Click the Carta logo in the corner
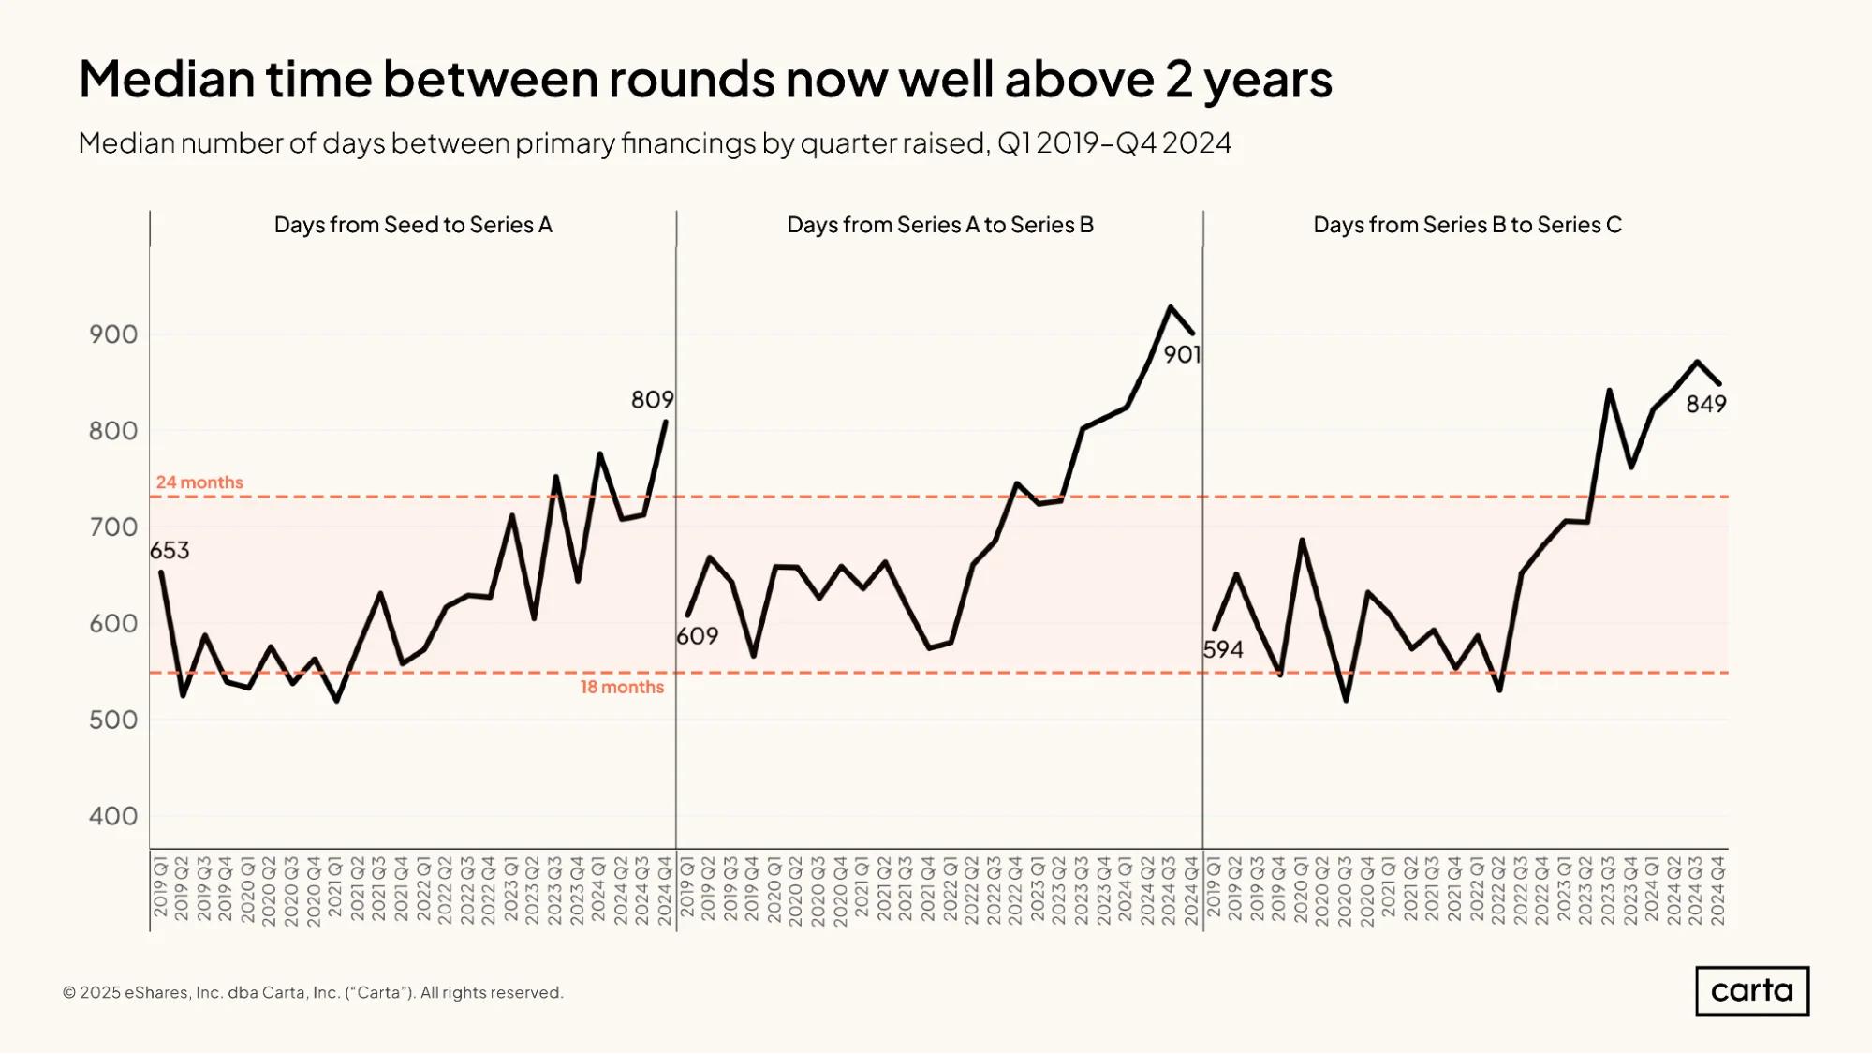tap(1752, 990)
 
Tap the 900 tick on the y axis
tap(113, 334)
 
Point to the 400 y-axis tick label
tap(113, 816)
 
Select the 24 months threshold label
tap(199, 482)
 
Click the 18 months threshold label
tap(622, 687)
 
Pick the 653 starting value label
tap(170, 550)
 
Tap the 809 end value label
tap(652, 400)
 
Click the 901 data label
tap(1182, 354)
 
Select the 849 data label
tap(1706, 404)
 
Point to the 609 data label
tap(698, 636)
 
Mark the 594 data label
tap(1223, 649)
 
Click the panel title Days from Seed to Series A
tap(413, 225)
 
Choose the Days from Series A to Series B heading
tap(940, 225)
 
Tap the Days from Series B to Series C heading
tap(1467, 225)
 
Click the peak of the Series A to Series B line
tap(1170, 306)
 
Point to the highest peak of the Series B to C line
tap(1697, 361)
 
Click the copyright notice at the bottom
tap(313, 992)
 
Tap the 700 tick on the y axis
tap(113, 527)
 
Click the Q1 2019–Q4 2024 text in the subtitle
tap(1114, 142)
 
